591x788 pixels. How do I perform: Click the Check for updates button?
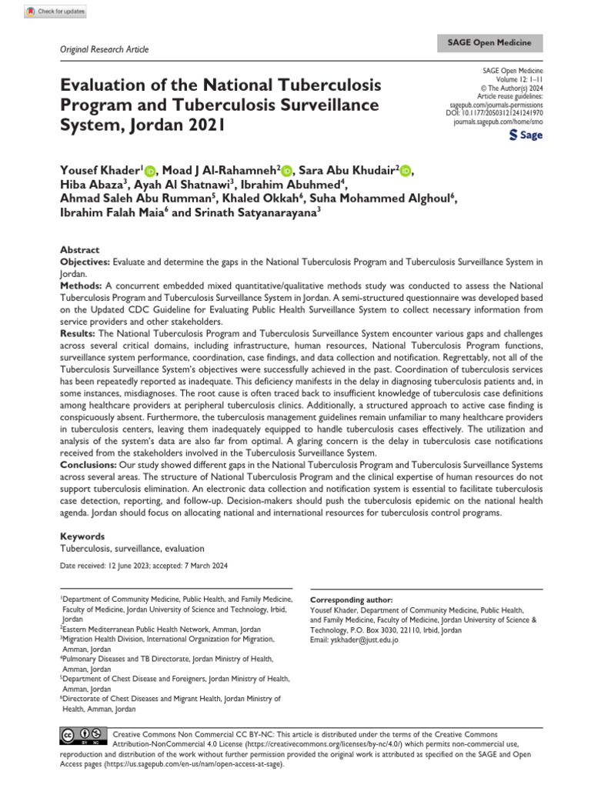click(x=55, y=12)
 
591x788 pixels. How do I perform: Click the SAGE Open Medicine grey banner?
click(x=490, y=44)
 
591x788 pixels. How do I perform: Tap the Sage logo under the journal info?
click(x=526, y=135)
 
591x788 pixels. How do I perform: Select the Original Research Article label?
click(x=104, y=49)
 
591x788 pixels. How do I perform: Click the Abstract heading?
click(x=79, y=250)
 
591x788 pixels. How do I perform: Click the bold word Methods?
click(x=82, y=284)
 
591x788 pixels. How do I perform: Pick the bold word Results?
click(x=78, y=333)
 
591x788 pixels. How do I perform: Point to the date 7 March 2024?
click(x=202, y=566)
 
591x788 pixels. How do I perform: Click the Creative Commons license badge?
click(x=82, y=737)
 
